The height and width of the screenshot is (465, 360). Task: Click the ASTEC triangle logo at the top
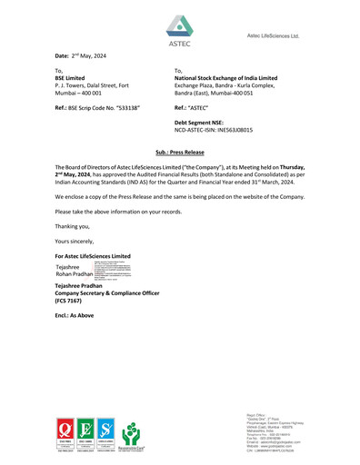pyautogui.click(x=180, y=25)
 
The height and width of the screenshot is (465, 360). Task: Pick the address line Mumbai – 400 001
pyautogui.click(x=80, y=94)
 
